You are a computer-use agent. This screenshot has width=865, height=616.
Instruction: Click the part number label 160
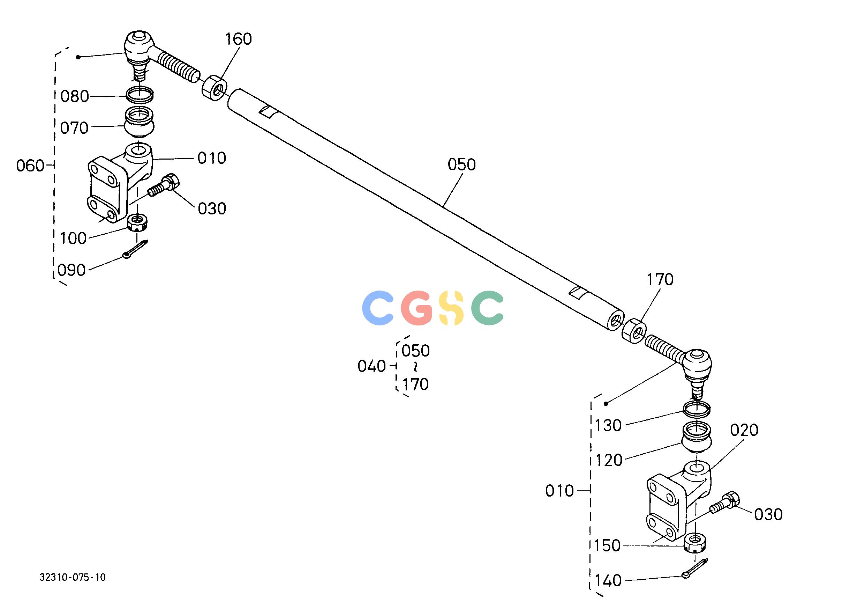(238, 39)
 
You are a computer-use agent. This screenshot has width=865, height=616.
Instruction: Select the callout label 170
(660, 280)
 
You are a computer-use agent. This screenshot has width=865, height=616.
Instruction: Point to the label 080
(75, 97)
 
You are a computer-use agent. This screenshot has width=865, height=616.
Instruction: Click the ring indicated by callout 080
(140, 94)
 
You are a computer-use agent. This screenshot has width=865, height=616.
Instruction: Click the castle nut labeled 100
(137, 223)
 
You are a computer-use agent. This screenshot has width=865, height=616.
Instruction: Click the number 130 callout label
(608, 426)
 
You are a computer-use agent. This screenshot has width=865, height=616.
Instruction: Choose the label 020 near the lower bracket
(744, 430)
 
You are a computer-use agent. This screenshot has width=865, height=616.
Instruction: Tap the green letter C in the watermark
(488, 308)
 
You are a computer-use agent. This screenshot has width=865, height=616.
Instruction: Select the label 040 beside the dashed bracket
(372, 366)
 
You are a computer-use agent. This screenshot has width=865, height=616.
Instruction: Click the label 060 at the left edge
(30, 166)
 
